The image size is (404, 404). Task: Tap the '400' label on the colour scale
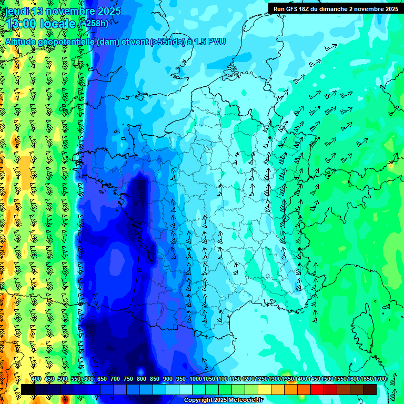point(36,379)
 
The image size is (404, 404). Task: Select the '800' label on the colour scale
point(141,379)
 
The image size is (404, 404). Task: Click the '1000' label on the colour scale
point(195,379)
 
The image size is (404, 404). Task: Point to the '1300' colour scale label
point(275,379)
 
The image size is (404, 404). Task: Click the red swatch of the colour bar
point(317,389)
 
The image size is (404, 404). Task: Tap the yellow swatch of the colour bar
point(265,389)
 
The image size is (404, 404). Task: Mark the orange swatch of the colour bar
point(291,389)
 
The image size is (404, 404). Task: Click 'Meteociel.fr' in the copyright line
point(244,400)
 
